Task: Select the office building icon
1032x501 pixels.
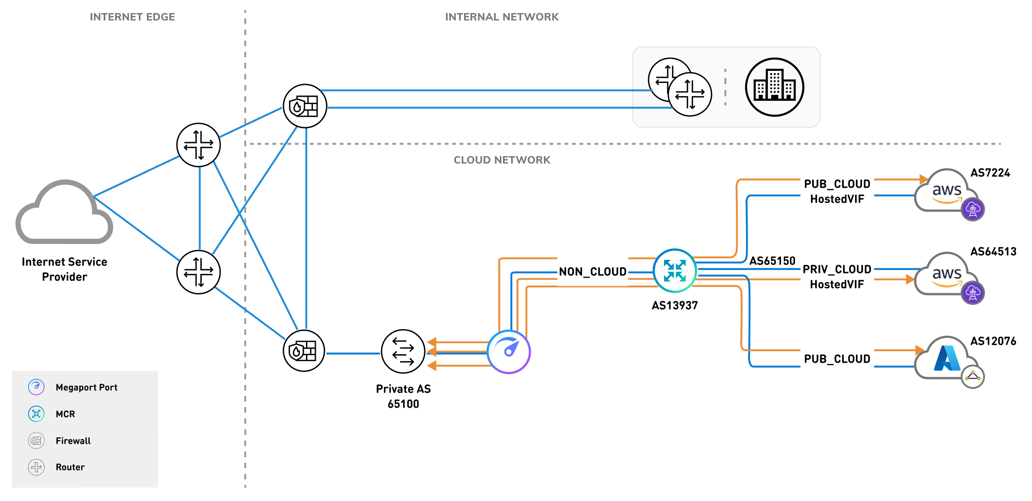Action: [774, 87]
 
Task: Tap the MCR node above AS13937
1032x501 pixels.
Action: [674, 271]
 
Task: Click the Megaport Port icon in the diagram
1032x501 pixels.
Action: [509, 352]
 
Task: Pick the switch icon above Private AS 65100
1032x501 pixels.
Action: [403, 351]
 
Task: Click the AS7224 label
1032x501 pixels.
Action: [990, 173]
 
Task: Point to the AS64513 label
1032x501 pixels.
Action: [993, 252]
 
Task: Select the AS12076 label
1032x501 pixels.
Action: [993, 342]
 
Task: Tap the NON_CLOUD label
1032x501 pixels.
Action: [592, 272]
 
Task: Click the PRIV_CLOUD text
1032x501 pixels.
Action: [837, 270]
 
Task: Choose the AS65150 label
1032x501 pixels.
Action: [772, 261]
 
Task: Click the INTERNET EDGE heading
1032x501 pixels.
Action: [132, 17]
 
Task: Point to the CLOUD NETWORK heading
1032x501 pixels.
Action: [502, 160]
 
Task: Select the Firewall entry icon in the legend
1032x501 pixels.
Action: [36, 440]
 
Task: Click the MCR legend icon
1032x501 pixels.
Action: [36, 414]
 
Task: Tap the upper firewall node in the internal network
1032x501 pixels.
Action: [305, 106]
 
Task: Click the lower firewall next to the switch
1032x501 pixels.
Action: [304, 351]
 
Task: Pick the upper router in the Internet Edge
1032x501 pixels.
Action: [199, 145]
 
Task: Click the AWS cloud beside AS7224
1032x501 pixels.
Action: [945, 192]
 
